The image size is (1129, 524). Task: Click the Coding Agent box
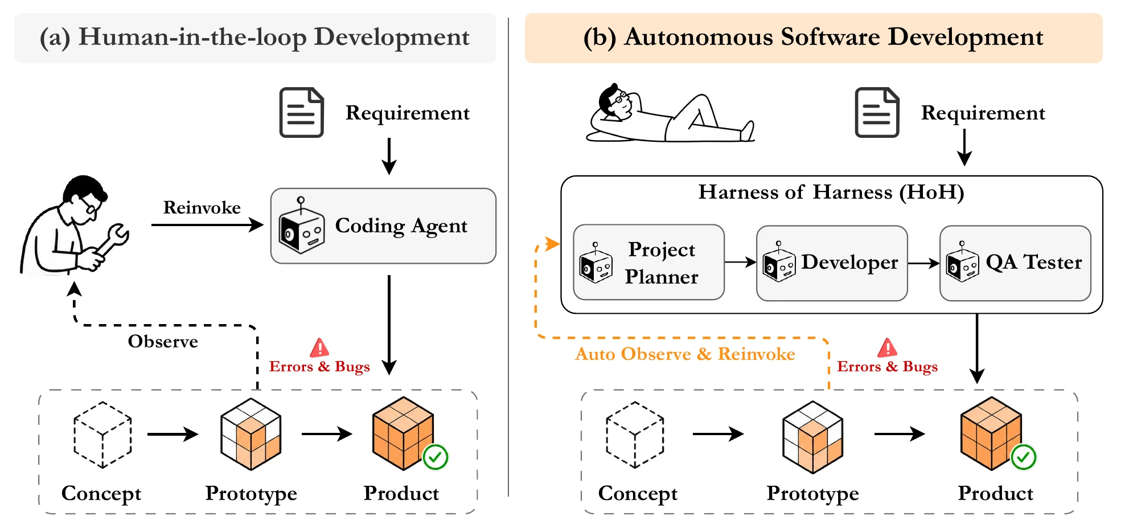coord(383,226)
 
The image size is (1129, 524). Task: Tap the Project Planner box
coord(649,262)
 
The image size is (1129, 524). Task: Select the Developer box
coord(832,263)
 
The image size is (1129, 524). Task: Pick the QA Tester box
coord(1015,263)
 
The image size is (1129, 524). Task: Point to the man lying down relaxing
coord(670,114)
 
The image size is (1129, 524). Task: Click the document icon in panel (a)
coord(302,112)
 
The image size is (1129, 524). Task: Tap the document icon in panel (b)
coord(877,112)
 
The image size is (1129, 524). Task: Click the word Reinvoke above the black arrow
coord(202,207)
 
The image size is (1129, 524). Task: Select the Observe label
coord(163,341)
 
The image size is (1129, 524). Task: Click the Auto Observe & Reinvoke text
coord(685,354)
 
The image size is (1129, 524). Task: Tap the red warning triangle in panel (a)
coord(319,347)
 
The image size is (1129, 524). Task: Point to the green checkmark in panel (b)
coord(1023,457)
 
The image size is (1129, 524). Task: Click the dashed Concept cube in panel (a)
coord(102,435)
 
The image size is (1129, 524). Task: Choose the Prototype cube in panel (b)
coord(813,437)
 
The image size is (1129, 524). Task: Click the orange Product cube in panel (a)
coord(403,433)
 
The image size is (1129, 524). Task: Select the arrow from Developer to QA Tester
coord(923,263)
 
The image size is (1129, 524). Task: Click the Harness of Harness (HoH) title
coord(831,192)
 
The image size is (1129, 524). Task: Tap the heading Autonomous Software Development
coord(834,37)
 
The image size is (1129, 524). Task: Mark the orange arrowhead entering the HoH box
coord(552,244)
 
